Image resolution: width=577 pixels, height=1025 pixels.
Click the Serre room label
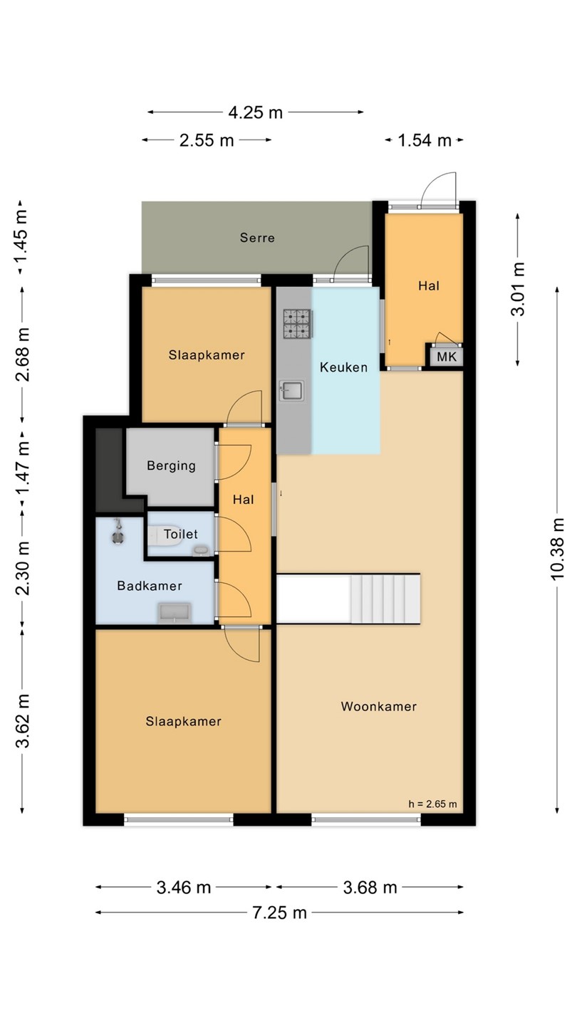tap(257, 238)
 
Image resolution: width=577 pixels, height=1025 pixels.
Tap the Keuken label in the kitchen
tap(343, 367)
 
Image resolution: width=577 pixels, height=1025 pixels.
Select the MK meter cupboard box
tap(447, 357)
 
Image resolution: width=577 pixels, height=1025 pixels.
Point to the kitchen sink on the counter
tap(292, 391)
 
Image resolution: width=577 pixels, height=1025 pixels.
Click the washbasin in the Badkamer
tap(175, 613)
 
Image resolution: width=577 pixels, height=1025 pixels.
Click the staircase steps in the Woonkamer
tap(385, 599)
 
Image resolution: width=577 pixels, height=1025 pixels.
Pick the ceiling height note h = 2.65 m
tap(432, 804)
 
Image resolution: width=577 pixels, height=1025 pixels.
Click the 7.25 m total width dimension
tap(279, 913)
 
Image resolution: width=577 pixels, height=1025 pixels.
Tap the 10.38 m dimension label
tap(557, 549)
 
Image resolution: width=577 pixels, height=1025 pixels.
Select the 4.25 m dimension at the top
tap(256, 112)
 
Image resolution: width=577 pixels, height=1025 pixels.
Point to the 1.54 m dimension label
tap(425, 140)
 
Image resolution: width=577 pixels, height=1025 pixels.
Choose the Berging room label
tap(171, 466)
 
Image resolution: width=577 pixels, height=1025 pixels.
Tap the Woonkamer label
tap(379, 706)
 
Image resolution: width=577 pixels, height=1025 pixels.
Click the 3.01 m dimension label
tap(518, 289)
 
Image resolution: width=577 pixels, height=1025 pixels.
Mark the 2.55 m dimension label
tap(207, 140)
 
